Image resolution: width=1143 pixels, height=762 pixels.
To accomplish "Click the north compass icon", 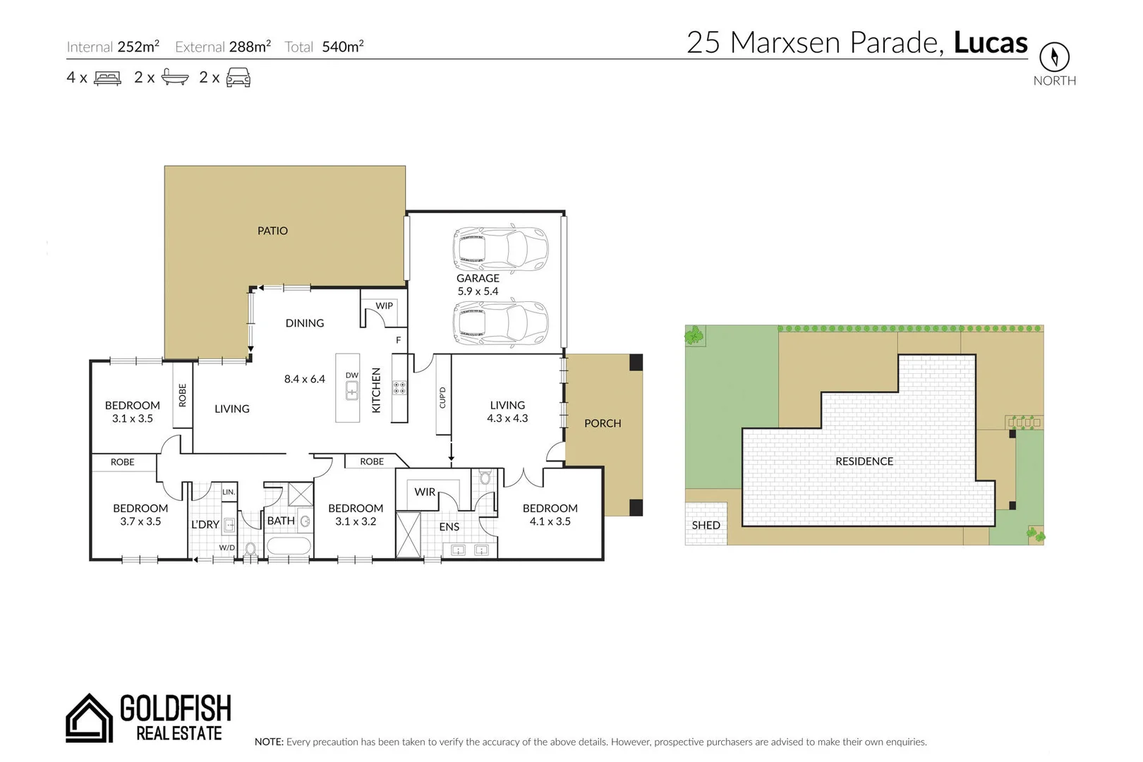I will tap(1054, 56).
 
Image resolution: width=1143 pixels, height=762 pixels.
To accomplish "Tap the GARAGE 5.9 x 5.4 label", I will tap(478, 284).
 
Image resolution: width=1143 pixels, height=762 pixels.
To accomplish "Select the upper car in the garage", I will tap(500, 249).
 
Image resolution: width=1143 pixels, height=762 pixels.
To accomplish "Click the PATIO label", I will tap(272, 231).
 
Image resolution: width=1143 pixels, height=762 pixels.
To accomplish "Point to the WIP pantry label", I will tap(384, 306).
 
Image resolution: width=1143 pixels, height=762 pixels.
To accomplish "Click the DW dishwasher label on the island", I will tap(351, 375).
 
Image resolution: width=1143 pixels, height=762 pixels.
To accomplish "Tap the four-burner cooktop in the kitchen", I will tap(399, 387).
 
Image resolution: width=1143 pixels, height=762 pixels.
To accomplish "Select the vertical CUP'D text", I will tap(442, 397).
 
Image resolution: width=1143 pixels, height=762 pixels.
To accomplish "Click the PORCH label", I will tap(603, 423).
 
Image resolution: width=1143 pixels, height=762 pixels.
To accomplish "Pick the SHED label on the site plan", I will tap(706, 525).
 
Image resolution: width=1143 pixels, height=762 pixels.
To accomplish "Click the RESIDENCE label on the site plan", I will tap(864, 461).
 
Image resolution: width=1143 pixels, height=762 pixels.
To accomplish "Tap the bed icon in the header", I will tap(107, 78).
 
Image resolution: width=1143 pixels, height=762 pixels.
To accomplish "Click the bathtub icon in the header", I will tap(175, 77).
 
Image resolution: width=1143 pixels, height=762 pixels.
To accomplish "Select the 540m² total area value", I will tap(342, 47).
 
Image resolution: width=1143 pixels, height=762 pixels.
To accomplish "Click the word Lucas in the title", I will tap(990, 42).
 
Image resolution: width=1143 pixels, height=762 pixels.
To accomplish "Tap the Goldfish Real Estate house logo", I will tap(89, 718).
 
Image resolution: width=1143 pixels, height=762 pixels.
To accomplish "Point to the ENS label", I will tap(449, 526).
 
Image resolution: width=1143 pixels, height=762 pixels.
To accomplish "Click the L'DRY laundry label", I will tap(205, 524).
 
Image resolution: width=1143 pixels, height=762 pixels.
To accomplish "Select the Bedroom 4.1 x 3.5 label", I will tap(550, 514).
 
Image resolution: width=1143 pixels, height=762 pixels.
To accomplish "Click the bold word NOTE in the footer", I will tap(269, 742).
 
